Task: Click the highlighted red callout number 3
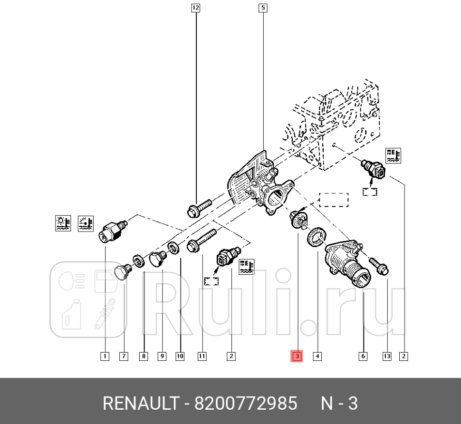pyautogui.click(x=297, y=356)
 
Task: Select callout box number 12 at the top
pyautogui.click(x=196, y=8)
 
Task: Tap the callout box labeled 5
pyautogui.click(x=263, y=8)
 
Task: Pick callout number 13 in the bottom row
pyautogui.click(x=387, y=356)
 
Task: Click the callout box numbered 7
pyautogui.click(x=124, y=356)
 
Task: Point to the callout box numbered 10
pyautogui.click(x=180, y=356)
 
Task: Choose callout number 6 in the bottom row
pyautogui.click(x=363, y=356)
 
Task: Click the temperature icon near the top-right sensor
pyautogui.click(x=394, y=155)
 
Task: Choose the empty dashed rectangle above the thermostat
pyautogui.click(x=334, y=200)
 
